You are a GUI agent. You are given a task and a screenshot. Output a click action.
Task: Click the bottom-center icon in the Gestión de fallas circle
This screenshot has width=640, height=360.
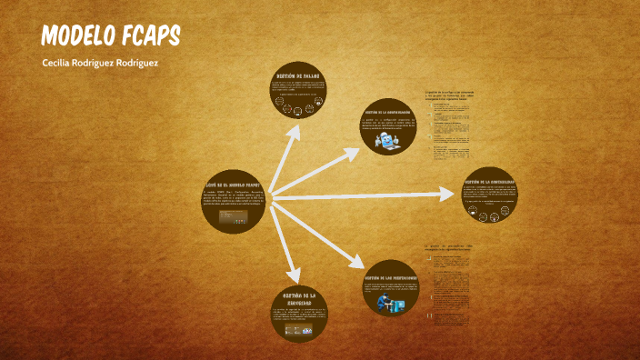[x=297, y=120]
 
